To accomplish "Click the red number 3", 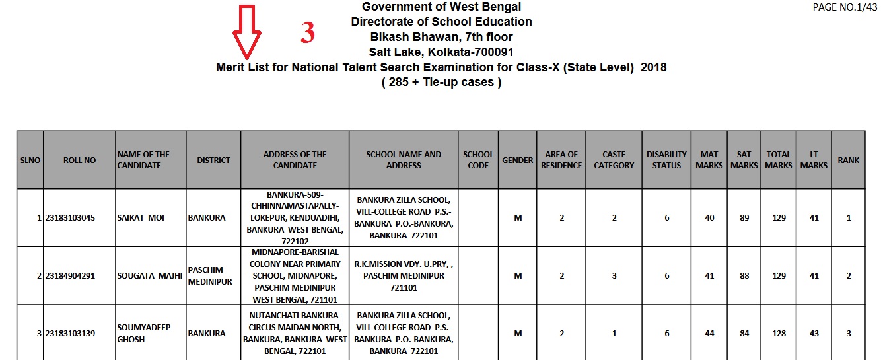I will click(307, 34).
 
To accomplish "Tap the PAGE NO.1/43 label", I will click(844, 7).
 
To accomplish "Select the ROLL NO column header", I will click(79, 160).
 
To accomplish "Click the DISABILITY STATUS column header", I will click(666, 160).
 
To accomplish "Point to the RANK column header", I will click(849, 160).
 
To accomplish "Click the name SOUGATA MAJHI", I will click(149, 276).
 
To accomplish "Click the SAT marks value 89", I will click(744, 218).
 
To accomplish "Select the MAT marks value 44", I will click(709, 334).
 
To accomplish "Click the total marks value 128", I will click(779, 334).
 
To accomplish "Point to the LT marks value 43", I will click(814, 334).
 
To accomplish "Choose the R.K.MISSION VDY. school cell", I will click(404, 275).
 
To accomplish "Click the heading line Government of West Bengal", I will click(441, 7).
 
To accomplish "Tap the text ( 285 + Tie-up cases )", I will click(441, 83).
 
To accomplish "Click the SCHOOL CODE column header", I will click(478, 160).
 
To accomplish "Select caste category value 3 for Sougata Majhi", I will click(614, 276).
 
